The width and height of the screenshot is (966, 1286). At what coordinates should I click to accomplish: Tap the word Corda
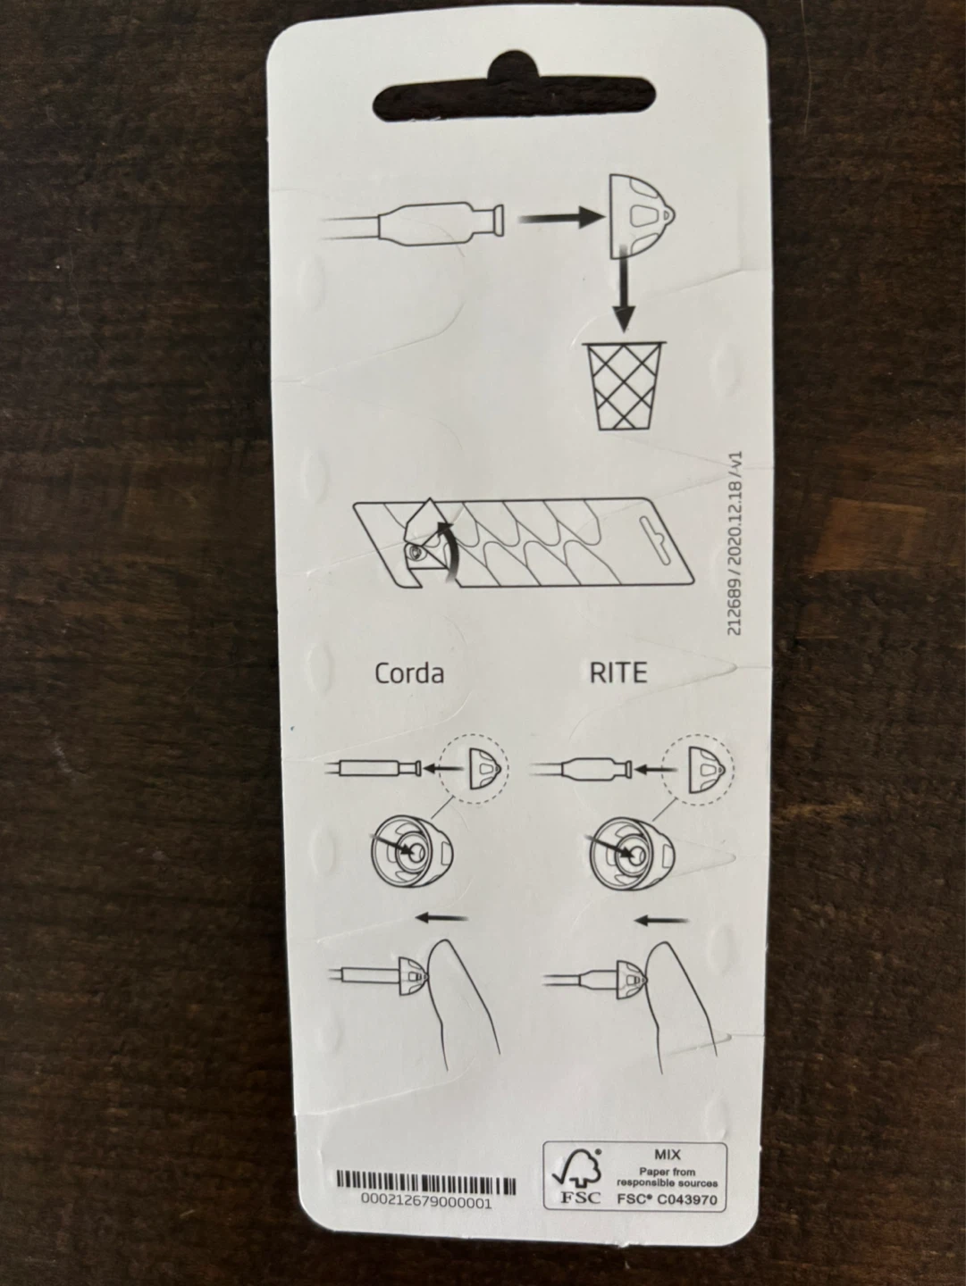point(409,673)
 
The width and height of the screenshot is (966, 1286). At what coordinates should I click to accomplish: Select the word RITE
point(617,673)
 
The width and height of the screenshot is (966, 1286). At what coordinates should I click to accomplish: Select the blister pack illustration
point(524,542)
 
